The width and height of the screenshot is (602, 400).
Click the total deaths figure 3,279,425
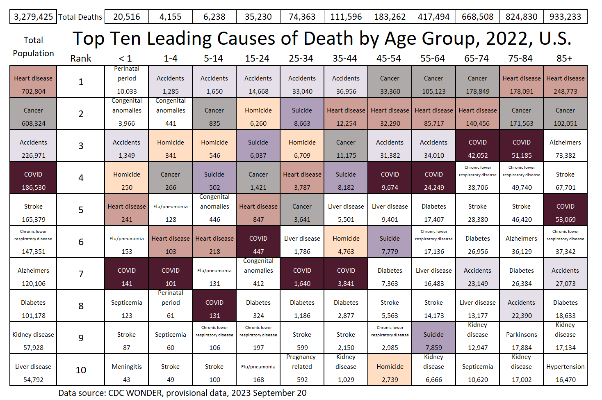coord(33,17)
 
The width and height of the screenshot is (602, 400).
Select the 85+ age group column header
coord(564,58)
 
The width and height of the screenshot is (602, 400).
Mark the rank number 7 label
coord(81,274)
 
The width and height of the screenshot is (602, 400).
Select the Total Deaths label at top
coord(80,17)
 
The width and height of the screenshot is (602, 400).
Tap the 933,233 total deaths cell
coord(565,17)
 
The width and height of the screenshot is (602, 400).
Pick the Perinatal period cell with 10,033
coord(127,81)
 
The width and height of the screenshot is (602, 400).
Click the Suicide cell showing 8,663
coord(302,113)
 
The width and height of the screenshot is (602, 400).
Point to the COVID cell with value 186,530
coord(33,177)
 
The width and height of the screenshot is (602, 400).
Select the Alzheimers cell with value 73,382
coord(566,145)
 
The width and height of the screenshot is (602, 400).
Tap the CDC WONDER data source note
coord(182,393)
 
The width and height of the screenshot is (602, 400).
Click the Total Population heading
coord(33,46)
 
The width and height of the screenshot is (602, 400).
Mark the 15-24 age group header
coord(257,58)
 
